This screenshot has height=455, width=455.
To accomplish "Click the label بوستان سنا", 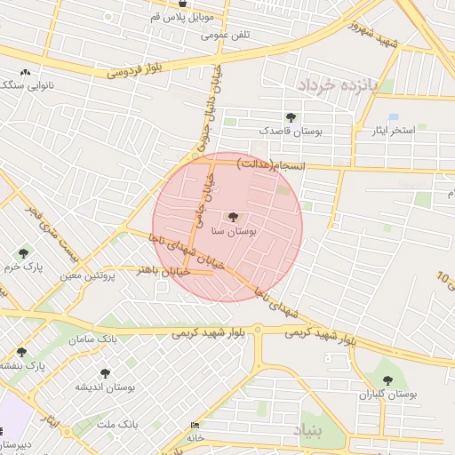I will click(234, 231).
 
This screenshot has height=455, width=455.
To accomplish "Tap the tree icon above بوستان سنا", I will click(234, 217).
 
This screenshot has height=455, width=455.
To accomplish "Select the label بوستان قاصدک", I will click(290, 132).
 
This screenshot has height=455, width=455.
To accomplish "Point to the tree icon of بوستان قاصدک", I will click(291, 117).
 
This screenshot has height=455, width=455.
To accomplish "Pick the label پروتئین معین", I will click(89, 276).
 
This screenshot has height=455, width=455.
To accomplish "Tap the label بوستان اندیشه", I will click(104, 387).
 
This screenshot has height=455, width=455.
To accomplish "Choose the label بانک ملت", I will click(118, 425).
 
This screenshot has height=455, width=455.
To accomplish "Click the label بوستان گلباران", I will click(387, 393).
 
